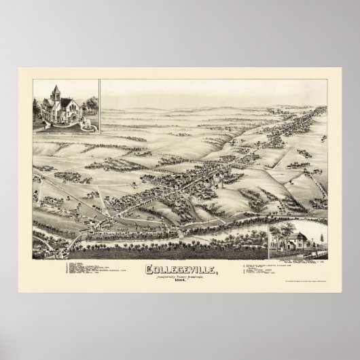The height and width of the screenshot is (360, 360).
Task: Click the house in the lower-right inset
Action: pos(293,242)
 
